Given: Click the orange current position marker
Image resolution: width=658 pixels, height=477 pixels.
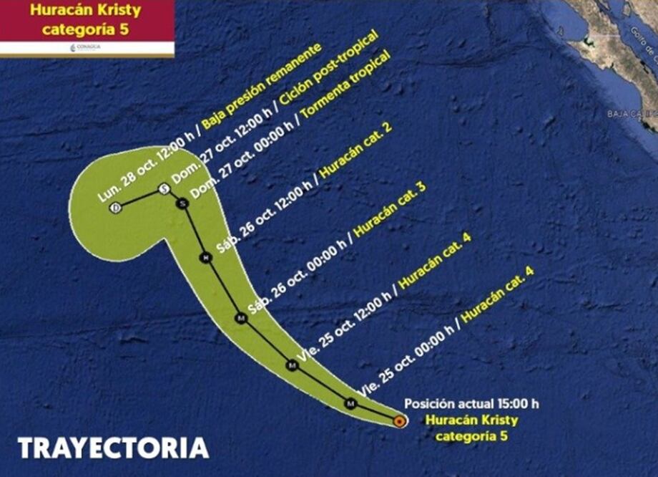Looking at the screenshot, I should [400, 421].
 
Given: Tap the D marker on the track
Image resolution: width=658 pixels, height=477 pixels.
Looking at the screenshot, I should [114, 208].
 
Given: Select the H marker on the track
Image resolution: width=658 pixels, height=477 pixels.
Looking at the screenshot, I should [205, 258].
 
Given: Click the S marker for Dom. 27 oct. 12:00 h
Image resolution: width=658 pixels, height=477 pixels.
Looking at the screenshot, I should [164, 189].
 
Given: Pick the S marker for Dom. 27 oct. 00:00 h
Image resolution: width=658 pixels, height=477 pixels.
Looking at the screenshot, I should [182, 203].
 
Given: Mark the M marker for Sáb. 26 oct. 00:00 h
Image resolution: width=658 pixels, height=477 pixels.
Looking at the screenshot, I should [241, 318].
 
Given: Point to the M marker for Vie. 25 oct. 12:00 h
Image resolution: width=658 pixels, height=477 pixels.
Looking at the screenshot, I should [292, 366].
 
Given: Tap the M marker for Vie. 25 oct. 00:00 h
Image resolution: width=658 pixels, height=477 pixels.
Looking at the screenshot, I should [350, 403].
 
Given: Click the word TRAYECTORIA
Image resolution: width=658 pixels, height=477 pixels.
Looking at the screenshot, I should [114, 448].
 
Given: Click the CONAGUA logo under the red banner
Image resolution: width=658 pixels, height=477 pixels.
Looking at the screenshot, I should [86, 47].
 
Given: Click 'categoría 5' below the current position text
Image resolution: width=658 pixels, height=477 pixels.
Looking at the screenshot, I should [472, 435].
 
